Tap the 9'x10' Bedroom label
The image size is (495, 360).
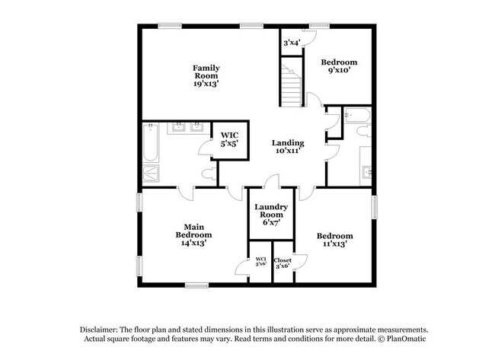[339, 67]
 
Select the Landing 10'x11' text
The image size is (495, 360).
[289, 147]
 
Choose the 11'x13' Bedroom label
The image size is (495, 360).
[334, 241]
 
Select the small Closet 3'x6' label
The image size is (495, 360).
[283, 263]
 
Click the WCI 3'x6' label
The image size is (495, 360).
[260, 263]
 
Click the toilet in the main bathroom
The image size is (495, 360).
[207, 174]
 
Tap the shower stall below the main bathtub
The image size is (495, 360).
[152, 174]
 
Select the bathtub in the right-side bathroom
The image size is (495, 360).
[356, 116]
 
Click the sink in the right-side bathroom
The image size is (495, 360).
[366, 172]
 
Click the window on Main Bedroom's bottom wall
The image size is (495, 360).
[197, 285]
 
